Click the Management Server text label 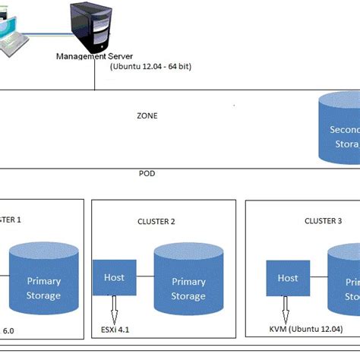tap(94, 56)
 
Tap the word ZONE tap(147, 116)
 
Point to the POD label tap(147, 173)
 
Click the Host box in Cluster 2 tap(115, 278)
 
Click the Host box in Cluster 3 tap(288, 278)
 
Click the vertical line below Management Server tap(94, 76)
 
